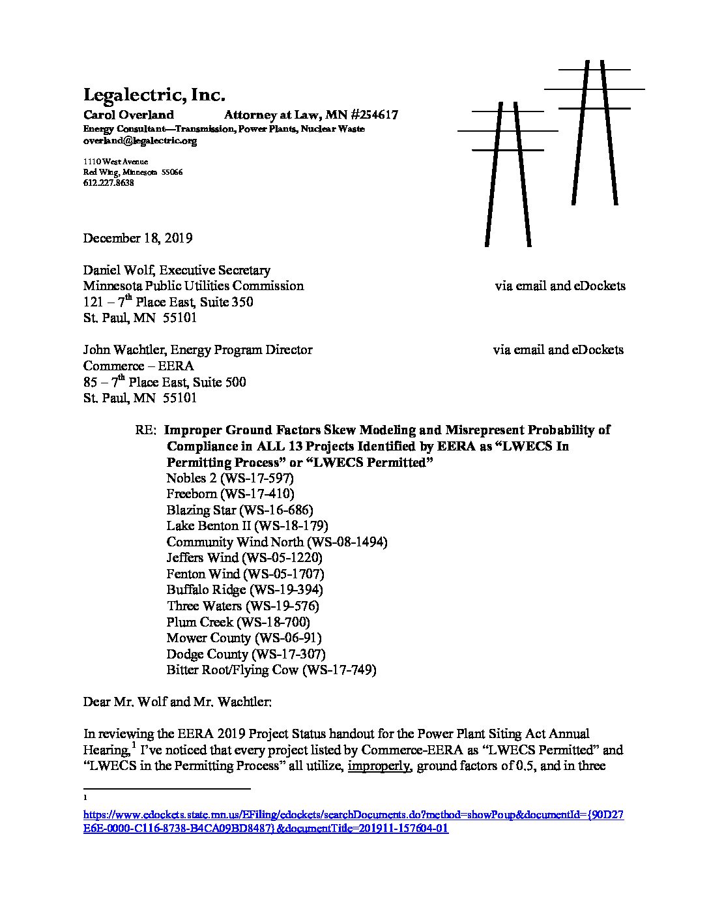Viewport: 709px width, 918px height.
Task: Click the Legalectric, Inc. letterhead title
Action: pyautogui.click(x=154, y=95)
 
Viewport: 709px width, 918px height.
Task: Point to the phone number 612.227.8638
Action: pyautogui.click(x=108, y=183)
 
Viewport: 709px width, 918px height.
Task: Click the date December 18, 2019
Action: pyautogui.click(x=137, y=238)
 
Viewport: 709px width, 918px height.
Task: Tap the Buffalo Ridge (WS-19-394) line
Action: pyautogui.click(x=244, y=589)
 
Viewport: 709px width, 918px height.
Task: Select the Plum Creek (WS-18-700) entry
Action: pyautogui.click(x=238, y=622)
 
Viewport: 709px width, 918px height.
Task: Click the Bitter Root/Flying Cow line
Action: pyautogui.click(x=271, y=670)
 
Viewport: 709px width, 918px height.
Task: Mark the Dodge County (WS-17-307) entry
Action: pyautogui.click(x=246, y=654)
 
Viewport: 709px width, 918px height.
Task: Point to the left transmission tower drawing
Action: pyautogui.click(x=508, y=173)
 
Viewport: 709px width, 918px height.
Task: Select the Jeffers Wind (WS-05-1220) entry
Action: pyautogui.click(x=244, y=558)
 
